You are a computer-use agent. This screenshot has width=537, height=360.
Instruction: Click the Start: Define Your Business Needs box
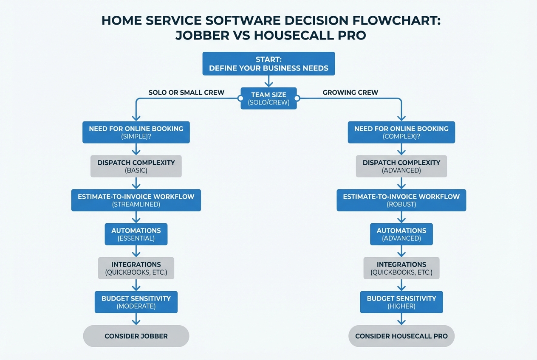(x=268, y=64)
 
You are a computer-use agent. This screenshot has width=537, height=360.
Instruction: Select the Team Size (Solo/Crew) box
(x=268, y=98)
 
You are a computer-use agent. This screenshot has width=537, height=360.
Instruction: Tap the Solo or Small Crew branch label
(x=186, y=93)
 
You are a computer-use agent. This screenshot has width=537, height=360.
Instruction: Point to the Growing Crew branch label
(x=350, y=93)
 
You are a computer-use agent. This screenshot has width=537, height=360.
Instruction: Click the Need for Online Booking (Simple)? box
(x=136, y=132)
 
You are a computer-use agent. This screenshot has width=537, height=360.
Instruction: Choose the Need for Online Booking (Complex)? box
(x=401, y=132)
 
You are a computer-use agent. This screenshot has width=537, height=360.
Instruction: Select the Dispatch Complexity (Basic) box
(x=136, y=166)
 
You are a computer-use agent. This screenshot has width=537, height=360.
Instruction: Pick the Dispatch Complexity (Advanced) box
(x=401, y=166)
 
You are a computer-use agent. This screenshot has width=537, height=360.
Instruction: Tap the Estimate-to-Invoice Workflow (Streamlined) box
(x=136, y=200)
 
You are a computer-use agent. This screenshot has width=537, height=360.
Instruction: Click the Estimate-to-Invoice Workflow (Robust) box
(x=401, y=200)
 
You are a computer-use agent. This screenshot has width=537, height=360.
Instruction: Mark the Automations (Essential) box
(x=136, y=234)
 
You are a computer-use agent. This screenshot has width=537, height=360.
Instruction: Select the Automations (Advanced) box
(x=401, y=234)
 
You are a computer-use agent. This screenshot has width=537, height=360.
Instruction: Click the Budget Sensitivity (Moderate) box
(x=136, y=302)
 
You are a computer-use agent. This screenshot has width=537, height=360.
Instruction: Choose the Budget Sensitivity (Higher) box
(x=401, y=302)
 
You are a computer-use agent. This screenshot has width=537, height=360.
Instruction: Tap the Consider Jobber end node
(x=136, y=336)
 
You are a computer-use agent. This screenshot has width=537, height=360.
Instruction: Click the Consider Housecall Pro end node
(x=401, y=336)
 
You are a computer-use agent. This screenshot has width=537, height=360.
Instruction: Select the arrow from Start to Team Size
(x=268, y=81)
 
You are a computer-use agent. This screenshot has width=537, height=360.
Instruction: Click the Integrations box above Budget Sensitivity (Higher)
(x=401, y=268)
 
